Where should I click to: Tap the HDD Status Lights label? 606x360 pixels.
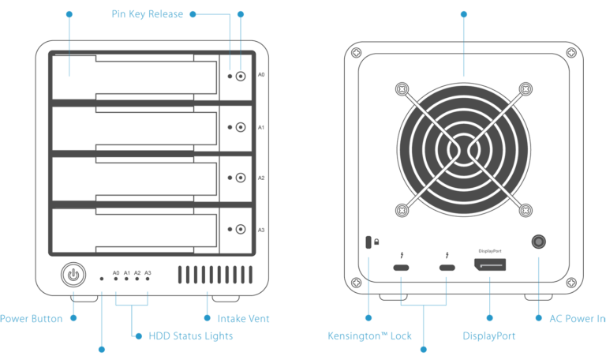point(190,336)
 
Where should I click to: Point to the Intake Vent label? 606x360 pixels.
point(243,319)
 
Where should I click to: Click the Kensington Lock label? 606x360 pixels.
point(369,336)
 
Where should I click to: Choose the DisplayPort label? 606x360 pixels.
point(489,336)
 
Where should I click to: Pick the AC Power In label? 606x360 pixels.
point(577,319)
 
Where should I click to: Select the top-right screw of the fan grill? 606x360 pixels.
point(524,89)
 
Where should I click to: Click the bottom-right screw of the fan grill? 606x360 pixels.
point(524,210)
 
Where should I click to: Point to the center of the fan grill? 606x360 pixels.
point(463,149)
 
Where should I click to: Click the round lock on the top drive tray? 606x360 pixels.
point(240,77)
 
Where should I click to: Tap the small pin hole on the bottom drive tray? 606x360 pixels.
point(230,230)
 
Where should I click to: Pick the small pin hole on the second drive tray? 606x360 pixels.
point(230,128)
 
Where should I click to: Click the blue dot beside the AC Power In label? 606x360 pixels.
point(539,319)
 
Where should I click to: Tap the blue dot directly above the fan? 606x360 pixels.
point(463,14)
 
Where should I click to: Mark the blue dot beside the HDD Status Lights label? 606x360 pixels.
point(131,336)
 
